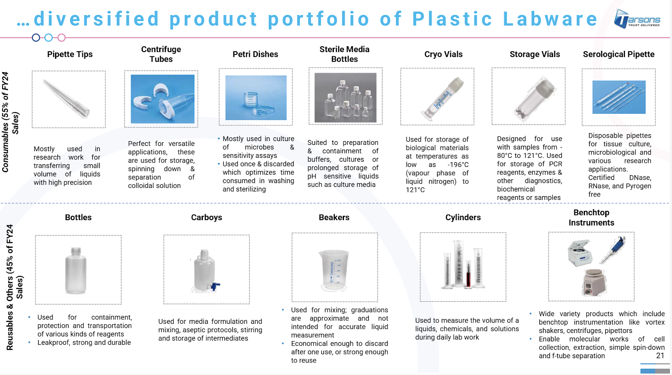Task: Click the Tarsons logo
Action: (637, 19)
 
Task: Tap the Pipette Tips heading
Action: (70, 54)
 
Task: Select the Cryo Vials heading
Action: (443, 54)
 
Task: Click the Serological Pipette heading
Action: (619, 54)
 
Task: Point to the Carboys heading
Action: (206, 217)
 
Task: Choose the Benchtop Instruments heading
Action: (591, 218)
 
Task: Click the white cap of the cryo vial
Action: (456, 84)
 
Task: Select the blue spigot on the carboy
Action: (215, 286)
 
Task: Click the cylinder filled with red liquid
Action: (468, 273)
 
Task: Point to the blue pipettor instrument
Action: (614, 250)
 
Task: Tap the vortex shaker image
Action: (594, 282)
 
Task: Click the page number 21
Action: (660, 356)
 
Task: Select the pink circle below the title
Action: (61, 37)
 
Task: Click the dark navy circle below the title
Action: (36, 37)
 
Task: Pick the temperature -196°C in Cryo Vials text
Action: (458, 165)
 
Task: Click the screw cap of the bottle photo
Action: (76, 252)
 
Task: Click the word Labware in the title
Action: (550, 19)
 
